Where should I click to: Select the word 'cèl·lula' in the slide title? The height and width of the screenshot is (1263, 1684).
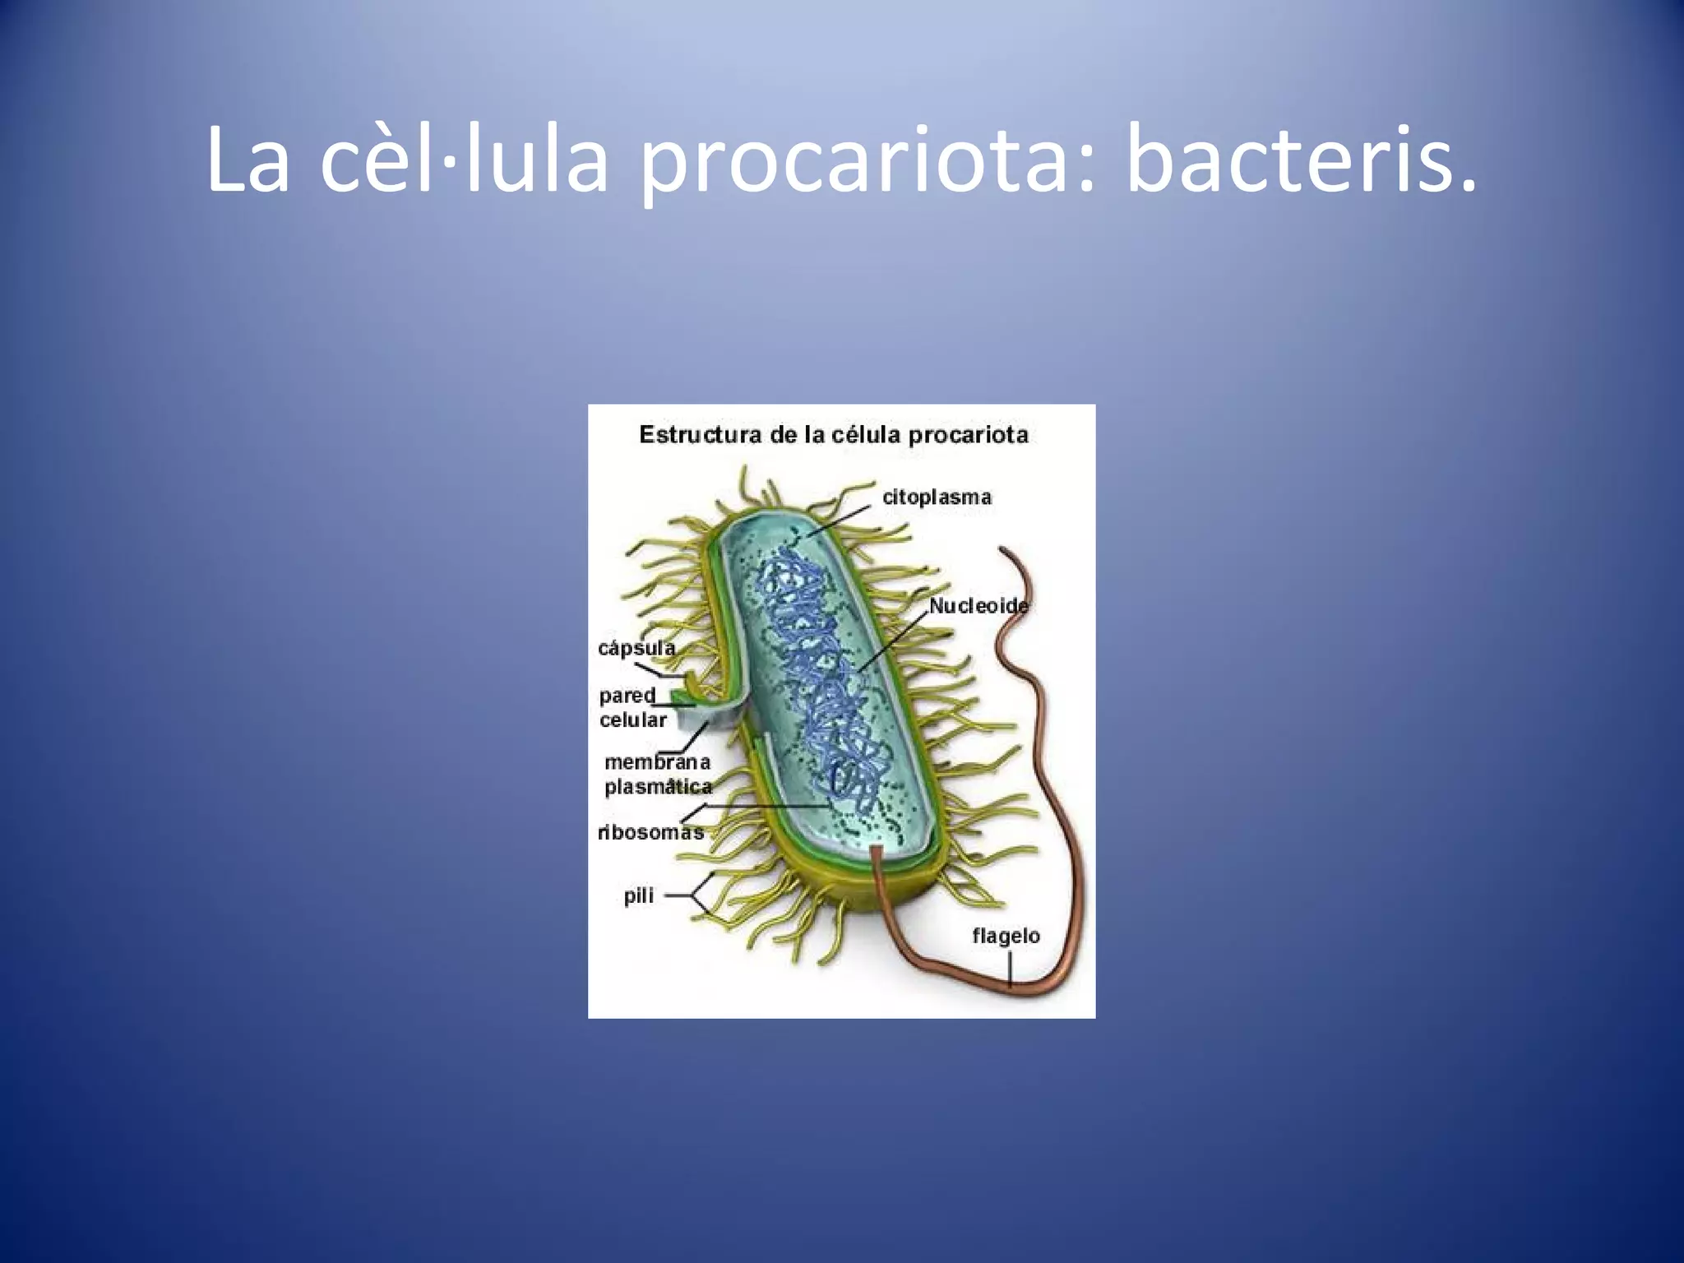[464, 161]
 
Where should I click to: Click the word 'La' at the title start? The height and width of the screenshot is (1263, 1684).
[248, 161]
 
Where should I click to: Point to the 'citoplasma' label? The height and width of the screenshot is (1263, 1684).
[937, 497]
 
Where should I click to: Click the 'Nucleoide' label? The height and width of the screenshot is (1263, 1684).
[978, 606]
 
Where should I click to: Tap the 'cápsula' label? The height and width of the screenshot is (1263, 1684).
[636, 648]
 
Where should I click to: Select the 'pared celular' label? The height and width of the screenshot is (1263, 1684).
[631, 707]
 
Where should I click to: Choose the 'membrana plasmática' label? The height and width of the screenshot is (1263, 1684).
[657, 775]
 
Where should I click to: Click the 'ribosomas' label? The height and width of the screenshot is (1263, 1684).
[650, 832]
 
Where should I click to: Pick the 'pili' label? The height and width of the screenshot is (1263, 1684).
[638, 895]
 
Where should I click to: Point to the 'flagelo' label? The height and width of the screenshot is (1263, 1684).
[1006, 936]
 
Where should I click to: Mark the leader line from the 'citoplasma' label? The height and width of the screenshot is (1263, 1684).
[839, 515]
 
